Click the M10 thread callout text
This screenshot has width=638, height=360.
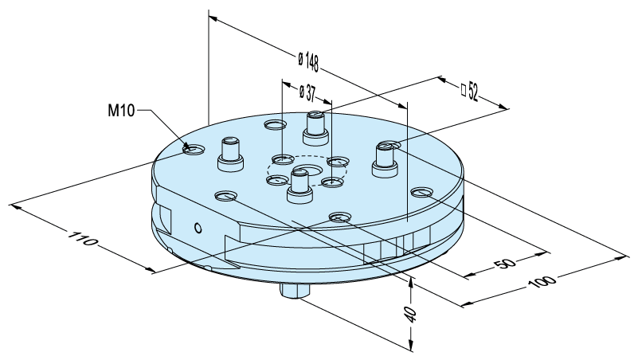121,110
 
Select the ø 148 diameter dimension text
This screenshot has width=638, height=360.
308,62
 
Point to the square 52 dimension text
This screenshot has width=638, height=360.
469,92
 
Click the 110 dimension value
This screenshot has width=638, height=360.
83,239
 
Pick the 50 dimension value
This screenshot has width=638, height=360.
505,263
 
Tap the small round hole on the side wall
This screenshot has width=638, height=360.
198,229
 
